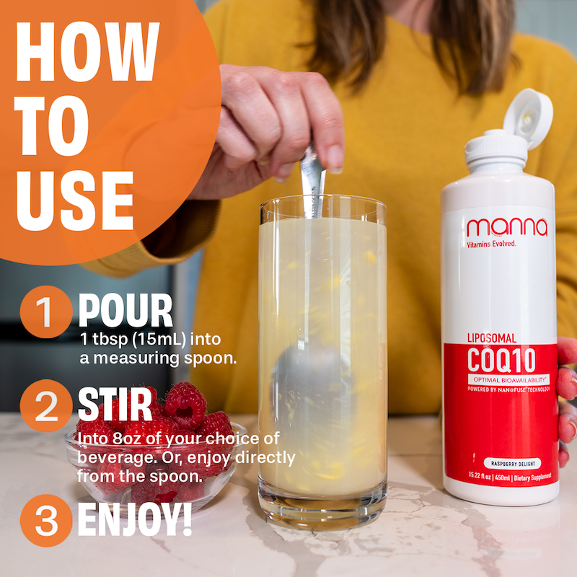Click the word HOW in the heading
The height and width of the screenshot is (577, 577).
pyautogui.click(x=87, y=51)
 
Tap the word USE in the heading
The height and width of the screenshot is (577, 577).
pyautogui.click(x=75, y=201)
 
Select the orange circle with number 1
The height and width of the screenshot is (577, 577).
pyautogui.click(x=46, y=312)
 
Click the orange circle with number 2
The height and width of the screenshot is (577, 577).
pyautogui.click(x=46, y=406)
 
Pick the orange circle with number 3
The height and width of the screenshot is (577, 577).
pyautogui.click(x=46, y=520)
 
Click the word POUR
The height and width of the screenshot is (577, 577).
pyautogui.click(x=125, y=311)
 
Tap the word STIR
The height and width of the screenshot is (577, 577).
pyautogui.click(x=115, y=404)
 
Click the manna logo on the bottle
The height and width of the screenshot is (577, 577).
pyautogui.click(x=507, y=227)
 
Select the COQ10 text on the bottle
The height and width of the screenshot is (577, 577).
pyautogui.click(x=501, y=360)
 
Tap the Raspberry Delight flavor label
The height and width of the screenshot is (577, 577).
pyautogui.click(x=513, y=464)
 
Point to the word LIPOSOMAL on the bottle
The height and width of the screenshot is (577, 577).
pyautogui.click(x=492, y=338)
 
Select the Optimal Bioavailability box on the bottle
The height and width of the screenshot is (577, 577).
pyautogui.click(x=509, y=379)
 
